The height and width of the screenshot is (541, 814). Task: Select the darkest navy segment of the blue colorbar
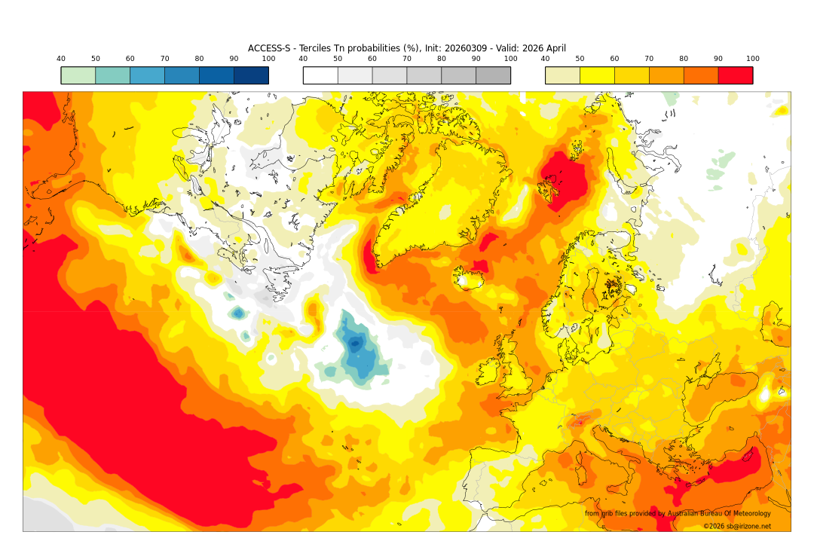coord(251,75)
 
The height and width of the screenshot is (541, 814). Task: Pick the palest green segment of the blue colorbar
coord(78,75)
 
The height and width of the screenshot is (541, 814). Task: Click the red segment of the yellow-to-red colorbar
coord(735,75)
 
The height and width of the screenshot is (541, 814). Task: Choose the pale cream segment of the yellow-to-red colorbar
coord(562,75)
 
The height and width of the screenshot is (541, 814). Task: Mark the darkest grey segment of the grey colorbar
coord(493,75)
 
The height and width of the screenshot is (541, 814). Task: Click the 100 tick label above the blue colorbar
coord(268,59)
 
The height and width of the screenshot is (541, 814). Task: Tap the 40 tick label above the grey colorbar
coord(303,59)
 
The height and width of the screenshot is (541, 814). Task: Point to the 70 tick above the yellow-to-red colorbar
coord(649,59)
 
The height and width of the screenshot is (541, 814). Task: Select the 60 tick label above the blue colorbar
coord(130,59)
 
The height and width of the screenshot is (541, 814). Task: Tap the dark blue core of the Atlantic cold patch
coord(355,345)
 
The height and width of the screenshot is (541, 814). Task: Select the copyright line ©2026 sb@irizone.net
coord(736,526)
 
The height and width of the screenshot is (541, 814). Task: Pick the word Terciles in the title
coord(318,48)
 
